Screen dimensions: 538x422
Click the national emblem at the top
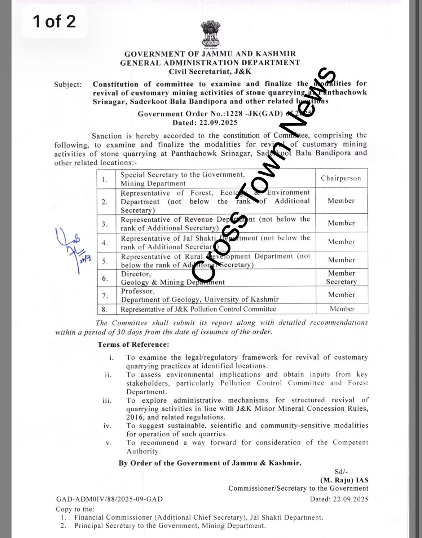click(210, 35)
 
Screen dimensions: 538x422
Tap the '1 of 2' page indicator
click(54, 21)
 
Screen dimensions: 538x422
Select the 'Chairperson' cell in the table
click(341, 178)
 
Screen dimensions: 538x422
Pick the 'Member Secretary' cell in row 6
click(342, 277)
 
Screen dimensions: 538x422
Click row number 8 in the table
click(105, 309)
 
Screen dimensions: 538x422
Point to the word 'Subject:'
click(68, 84)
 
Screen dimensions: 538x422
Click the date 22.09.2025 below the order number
click(205, 123)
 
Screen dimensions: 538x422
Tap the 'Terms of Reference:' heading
click(133, 345)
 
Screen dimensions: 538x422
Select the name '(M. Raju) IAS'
click(344, 480)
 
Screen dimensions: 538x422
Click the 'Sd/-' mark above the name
click(341, 472)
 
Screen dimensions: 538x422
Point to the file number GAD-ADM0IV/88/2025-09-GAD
click(109, 499)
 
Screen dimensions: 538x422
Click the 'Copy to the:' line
click(75, 509)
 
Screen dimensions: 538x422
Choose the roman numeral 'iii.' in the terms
click(107, 401)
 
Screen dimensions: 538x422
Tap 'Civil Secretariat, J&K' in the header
click(210, 71)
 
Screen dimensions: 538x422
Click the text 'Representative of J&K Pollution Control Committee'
click(198, 309)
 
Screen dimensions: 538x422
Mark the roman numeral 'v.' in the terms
click(109, 443)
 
